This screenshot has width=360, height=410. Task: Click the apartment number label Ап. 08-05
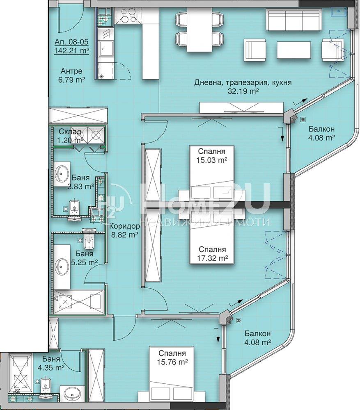(x=71, y=42)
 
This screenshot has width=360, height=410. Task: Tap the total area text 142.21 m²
(x=71, y=50)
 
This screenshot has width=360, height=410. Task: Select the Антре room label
(x=71, y=71)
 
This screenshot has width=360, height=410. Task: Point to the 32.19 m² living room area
(x=243, y=91)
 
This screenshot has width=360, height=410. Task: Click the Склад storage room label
(x=70, y=132)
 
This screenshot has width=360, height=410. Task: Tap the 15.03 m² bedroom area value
(x=211, y=160)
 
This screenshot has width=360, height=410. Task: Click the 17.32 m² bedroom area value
(x=212, y=258)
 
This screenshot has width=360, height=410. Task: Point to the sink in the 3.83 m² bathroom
(x=62, y=173)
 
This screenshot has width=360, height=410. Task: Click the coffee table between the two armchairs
(x=294, y=50)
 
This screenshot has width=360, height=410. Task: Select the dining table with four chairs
(x=199, y=30)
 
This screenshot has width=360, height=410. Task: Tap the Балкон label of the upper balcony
(x=321, y=129)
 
